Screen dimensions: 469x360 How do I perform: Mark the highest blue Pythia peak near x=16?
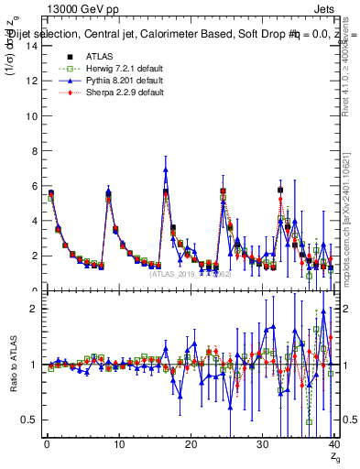(166, 169)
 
